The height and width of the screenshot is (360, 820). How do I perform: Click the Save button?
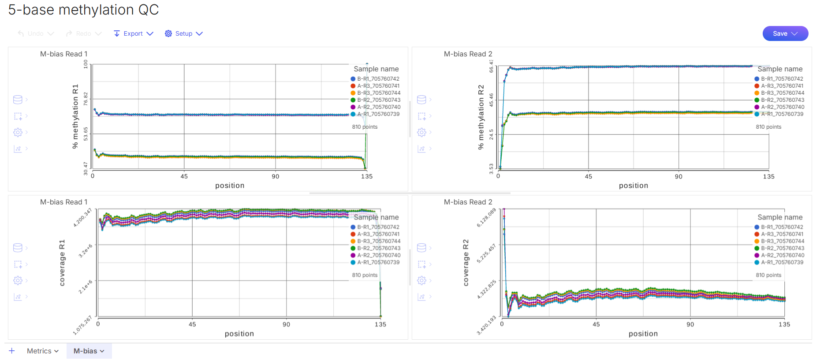pos(785,33)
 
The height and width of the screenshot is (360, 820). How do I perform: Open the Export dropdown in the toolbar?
pos(133,33)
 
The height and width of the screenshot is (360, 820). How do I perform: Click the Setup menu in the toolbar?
pos(184,33)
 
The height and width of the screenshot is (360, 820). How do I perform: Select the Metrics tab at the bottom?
pos(42,351)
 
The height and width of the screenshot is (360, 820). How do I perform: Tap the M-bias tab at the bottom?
pos(89,351)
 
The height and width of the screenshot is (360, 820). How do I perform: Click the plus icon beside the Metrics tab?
pos(12,351)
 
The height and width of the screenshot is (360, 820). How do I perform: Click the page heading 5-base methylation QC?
pos(83,10)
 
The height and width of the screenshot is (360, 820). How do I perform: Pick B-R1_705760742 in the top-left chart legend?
pos(378,79)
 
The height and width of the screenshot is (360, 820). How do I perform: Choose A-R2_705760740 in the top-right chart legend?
pos(782,107)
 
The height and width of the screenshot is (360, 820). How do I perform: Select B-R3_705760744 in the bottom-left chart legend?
pos(378,241)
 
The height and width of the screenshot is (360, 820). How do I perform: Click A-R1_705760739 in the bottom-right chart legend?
pos(782,262)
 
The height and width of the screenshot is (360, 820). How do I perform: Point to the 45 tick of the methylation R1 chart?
pos(184,176)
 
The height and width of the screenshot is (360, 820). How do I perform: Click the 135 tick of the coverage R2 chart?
pos(784,324)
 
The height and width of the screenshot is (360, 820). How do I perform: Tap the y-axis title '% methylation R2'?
pos(481,117)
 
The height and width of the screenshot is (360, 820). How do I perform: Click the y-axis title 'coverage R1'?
pos(62,263)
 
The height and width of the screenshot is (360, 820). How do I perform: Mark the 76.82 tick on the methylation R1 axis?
pos(86,99)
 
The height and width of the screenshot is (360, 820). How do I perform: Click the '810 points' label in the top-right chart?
pos(768,127)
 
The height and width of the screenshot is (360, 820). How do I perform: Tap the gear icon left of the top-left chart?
pos(18,132)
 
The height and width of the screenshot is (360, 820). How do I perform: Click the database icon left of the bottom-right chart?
pos(421,248)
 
